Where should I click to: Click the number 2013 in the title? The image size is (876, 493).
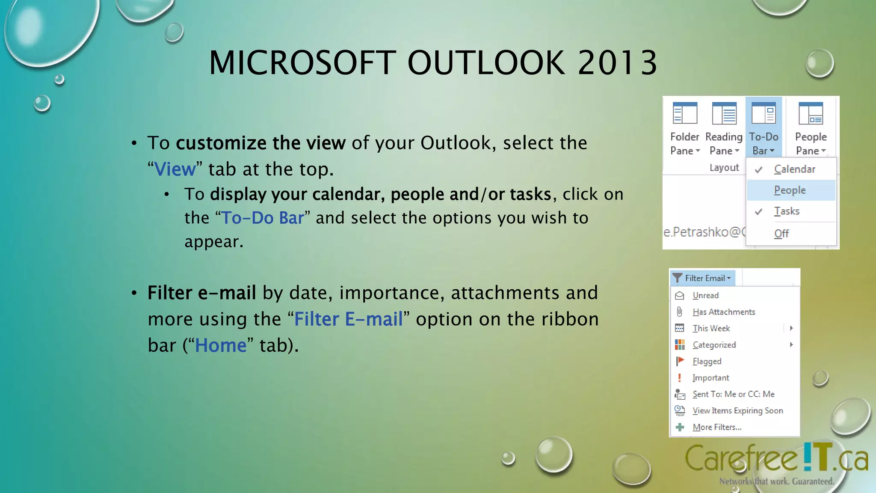(617, 63)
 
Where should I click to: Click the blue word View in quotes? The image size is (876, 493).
(175, 169)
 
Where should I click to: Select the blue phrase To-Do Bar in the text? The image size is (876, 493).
(262, 218)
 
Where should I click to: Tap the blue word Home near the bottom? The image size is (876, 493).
(221, 345)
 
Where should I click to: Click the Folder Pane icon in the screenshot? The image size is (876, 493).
(684, 113)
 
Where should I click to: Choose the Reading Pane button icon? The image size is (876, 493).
(724, 113)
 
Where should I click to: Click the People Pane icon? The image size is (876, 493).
(811, 113)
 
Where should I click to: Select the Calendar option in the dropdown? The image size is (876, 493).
(794, 169)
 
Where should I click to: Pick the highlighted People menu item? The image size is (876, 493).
(790, 190)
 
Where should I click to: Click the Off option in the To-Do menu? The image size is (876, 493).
(781, 234)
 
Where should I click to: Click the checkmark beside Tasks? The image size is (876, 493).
(759, 212)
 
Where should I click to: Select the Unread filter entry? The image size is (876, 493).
(705, 295)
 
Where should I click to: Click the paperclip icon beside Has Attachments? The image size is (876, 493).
(679, 312)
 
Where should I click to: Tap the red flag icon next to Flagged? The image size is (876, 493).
(680, 361)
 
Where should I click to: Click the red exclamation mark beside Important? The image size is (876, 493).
(679, 377)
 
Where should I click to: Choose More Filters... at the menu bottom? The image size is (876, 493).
(716, 427)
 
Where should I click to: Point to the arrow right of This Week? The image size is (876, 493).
(791, 328)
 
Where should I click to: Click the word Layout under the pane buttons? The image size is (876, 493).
(724, 168)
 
